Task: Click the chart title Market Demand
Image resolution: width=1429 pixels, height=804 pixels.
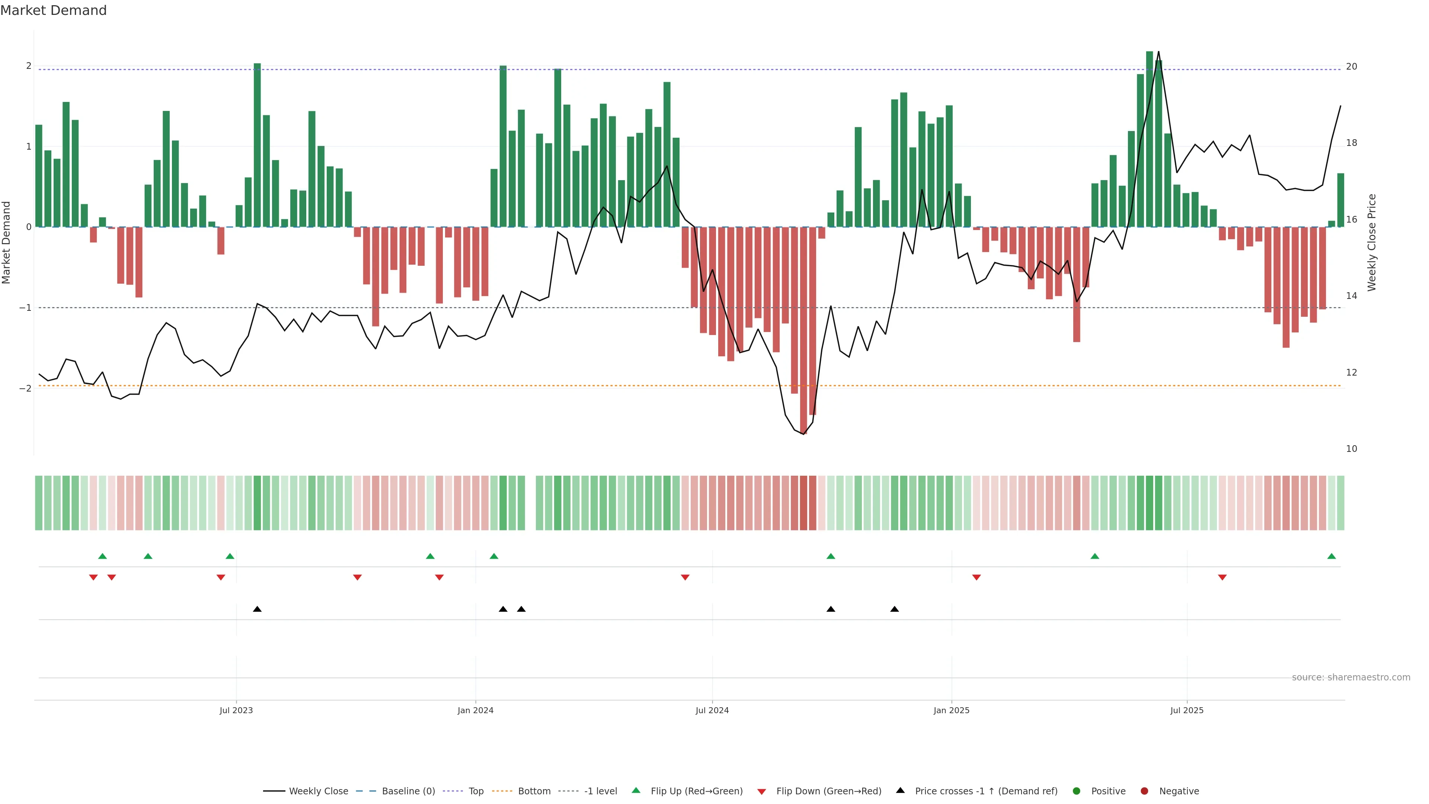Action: pyautogui.click(x=53, y=10)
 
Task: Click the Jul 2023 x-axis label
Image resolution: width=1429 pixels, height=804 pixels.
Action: pyautogui.click(x=236, y=710)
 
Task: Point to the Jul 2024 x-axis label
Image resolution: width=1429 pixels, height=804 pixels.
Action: pyautogui.click(x=712, y=710)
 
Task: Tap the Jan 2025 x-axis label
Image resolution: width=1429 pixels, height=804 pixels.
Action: pyautogui.click(x=952, y=710)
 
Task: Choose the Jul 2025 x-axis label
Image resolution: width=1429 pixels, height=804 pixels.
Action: pyautogui.click(x=1187, y=710)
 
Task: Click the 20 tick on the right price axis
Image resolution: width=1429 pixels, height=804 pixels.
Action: pyautogui.click(x=1351, y=67)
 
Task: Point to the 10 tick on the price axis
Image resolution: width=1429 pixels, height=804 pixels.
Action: pyautogui.click(x=1351, y=449)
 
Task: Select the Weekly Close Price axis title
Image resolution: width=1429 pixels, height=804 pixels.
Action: pyautogui.click(x=1371, y=242)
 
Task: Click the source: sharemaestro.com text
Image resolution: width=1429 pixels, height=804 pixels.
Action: pyautogui.click(x=1351, y=677)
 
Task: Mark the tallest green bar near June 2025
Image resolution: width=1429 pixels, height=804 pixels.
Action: pyautogui.click(x=1150, y=139)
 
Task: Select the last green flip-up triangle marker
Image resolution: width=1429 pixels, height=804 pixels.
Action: pyautogui.click(x=1332, y=556)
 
